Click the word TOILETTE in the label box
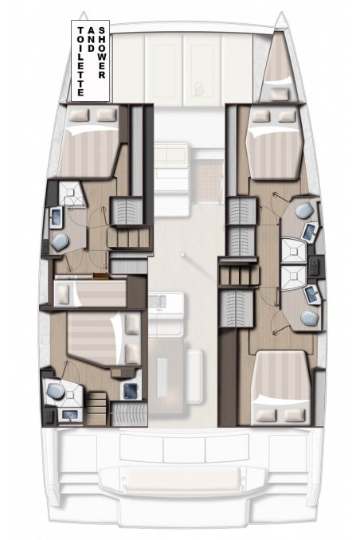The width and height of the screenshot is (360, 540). point(79,59)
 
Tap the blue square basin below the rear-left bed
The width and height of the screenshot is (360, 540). point(128,389)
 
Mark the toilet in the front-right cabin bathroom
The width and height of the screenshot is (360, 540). point(303,209)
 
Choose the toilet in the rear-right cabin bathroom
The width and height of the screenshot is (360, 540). point(307,319)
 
